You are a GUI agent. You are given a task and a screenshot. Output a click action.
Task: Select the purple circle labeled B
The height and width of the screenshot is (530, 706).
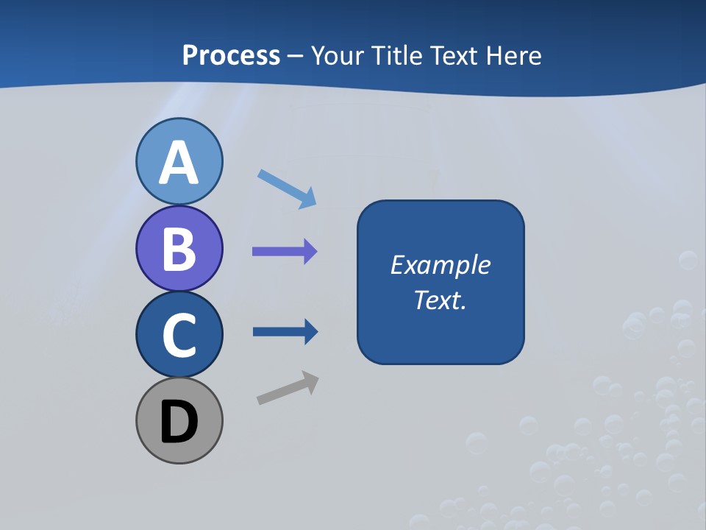pyautogui.click(x=179, y=248)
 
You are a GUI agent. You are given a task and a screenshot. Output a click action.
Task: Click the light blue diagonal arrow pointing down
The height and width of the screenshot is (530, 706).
pyautogui.click(x=287, y=189)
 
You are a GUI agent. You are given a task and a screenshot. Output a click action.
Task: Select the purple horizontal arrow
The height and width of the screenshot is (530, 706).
pyautogui.click(x=285, y=252)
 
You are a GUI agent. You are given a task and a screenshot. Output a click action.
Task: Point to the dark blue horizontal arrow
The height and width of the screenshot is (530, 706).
pyautogui.click(x=285, y=332)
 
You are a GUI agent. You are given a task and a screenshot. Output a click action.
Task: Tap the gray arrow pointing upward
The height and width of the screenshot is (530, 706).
pyautogui.click(x=288, y=389)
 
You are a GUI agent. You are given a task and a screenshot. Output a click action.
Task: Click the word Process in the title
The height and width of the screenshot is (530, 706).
pyautogui.click(x=231, y=55)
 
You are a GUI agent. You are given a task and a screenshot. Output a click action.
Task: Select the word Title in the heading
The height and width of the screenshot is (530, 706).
pyautogui.click(x=398, y=55)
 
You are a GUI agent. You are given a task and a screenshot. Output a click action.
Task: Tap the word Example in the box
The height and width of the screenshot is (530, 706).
pyautogui.click(x=441, y=265)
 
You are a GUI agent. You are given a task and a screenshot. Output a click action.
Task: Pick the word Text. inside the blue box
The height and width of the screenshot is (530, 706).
pyautogui.click(x=441, y=300)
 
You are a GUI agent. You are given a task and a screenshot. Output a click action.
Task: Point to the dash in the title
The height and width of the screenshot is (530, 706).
pyautogui.click(x=295, y=56)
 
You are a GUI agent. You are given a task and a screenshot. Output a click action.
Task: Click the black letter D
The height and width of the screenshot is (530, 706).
pyautogui.click(x=179, y=423)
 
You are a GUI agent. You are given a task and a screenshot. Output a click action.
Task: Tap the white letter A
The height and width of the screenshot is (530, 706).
pyautogui.click(x=179, y=163)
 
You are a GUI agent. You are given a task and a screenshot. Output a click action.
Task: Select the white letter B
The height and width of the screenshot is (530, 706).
pyautogui.click(x=179, y=250)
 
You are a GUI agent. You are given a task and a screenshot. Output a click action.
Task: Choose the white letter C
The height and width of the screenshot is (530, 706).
pyautogui.click(x=179, y=335)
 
